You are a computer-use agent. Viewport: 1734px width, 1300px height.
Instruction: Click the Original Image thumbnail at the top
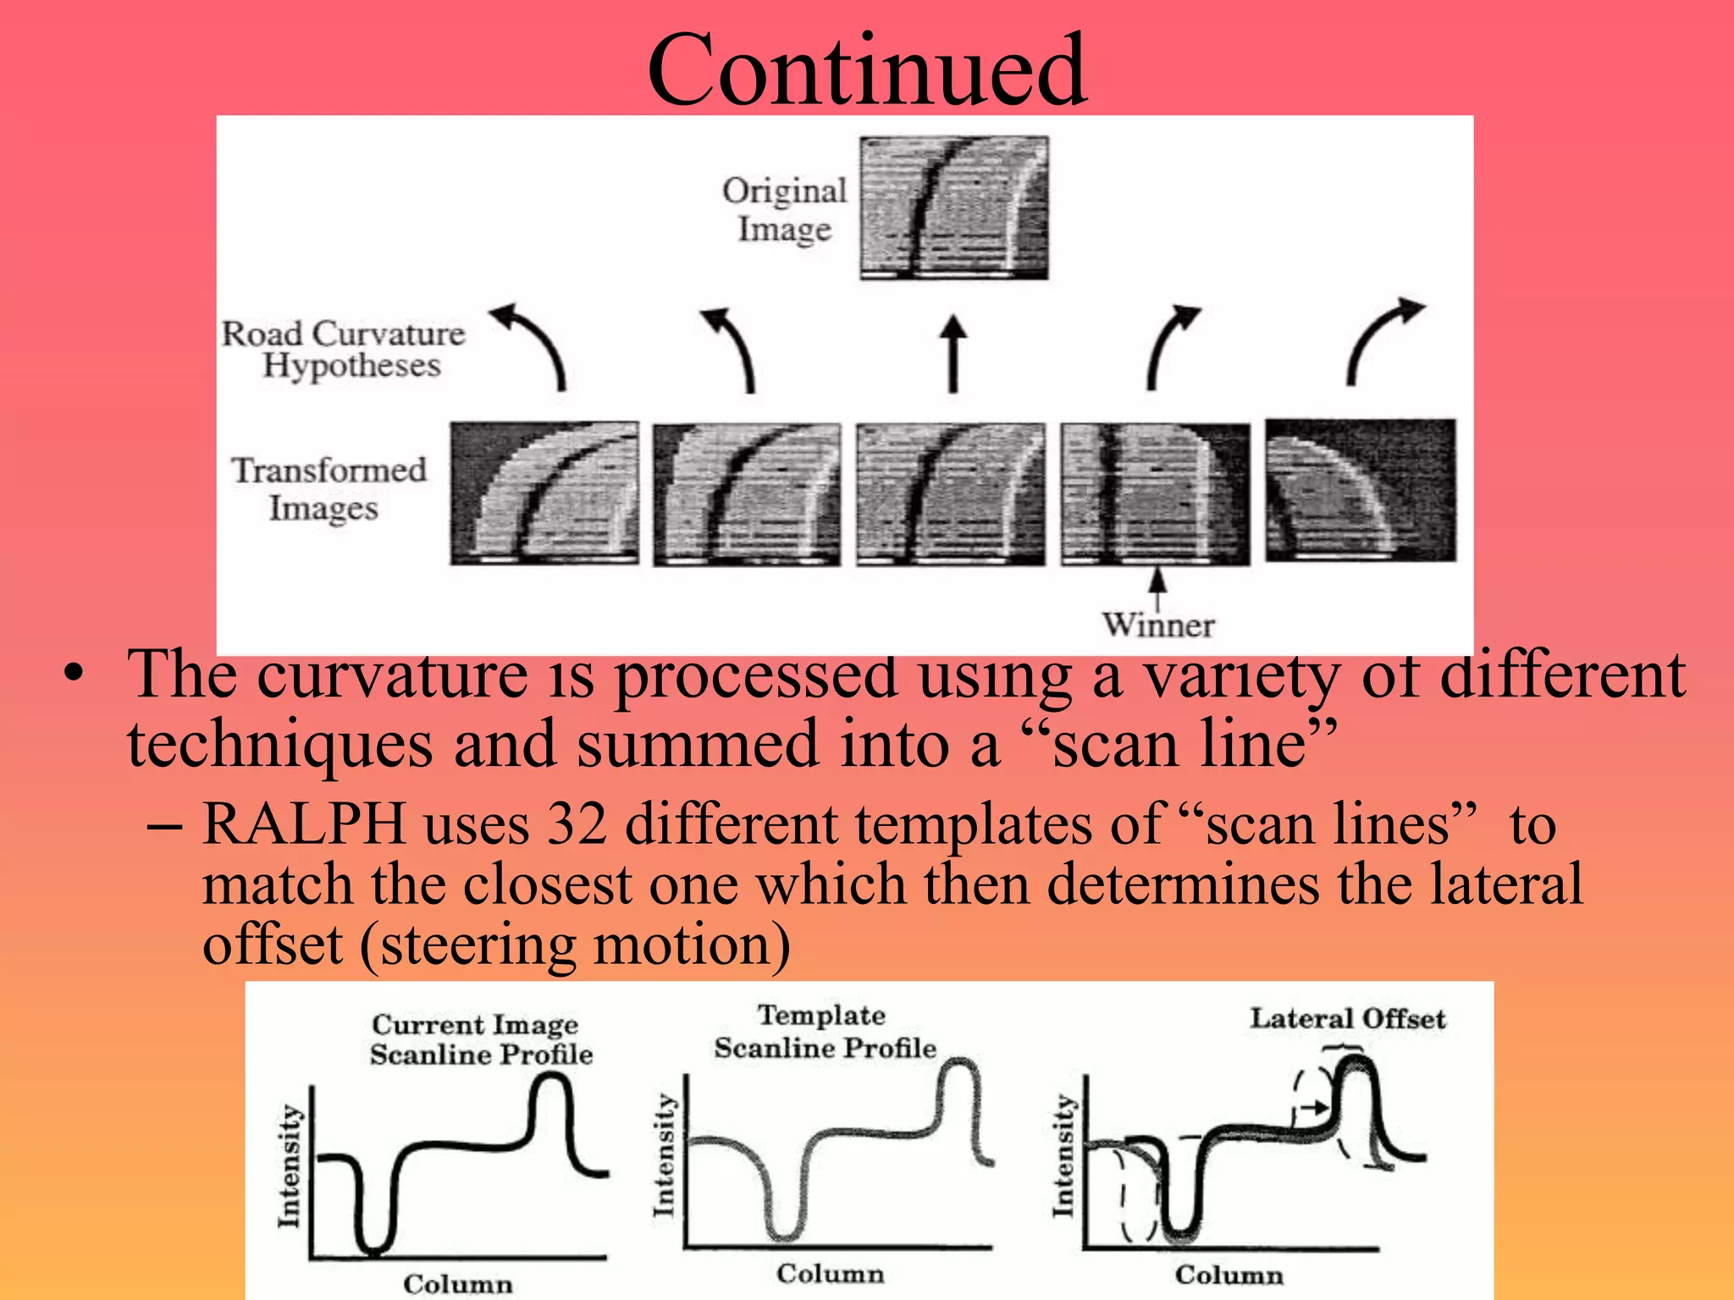[x=953, y=208]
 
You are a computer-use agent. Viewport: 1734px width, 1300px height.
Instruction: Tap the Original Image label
[x=784, y=209]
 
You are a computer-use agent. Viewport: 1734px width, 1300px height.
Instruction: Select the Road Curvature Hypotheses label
[x=344, y=349]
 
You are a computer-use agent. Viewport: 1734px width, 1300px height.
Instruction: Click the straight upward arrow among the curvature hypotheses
[x=953, y=354]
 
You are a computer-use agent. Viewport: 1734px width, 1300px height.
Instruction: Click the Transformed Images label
[x=329, y=488]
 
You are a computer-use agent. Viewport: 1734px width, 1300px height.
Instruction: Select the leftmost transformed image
[x=544, y=493]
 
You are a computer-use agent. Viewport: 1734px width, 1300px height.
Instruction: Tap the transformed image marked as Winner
[x=1155, y=494]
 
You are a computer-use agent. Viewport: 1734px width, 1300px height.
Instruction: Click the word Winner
[x=1157, y=625]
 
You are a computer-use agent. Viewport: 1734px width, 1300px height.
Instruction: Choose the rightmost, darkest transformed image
[x=1361, y=490]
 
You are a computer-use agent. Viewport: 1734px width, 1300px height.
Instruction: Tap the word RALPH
[x=304, y=824]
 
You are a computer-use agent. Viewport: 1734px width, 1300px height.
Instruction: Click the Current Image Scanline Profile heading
[x=480, y=1039]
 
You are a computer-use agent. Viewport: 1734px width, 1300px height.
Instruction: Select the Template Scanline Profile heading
[x=825, y=1032]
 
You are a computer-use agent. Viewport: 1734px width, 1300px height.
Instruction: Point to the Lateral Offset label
[x=1347, y=1018]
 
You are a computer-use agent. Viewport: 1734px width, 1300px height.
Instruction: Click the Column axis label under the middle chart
[x=830, y=1274]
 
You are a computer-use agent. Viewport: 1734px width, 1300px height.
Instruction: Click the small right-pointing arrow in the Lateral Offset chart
[x=1315, y=1106]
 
